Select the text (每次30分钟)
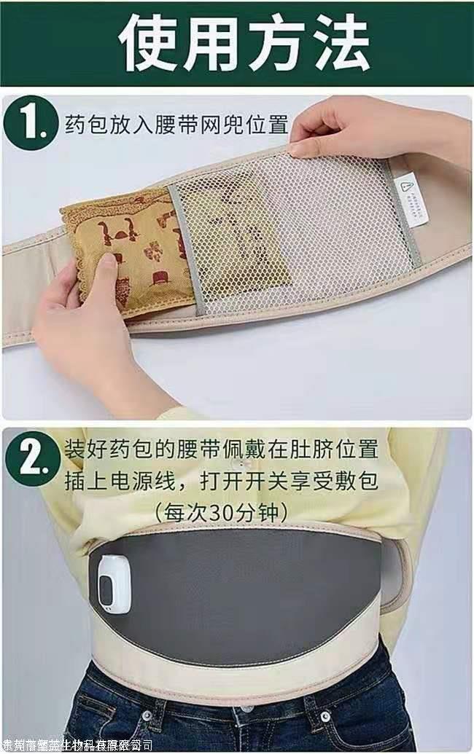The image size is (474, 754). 221,512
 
